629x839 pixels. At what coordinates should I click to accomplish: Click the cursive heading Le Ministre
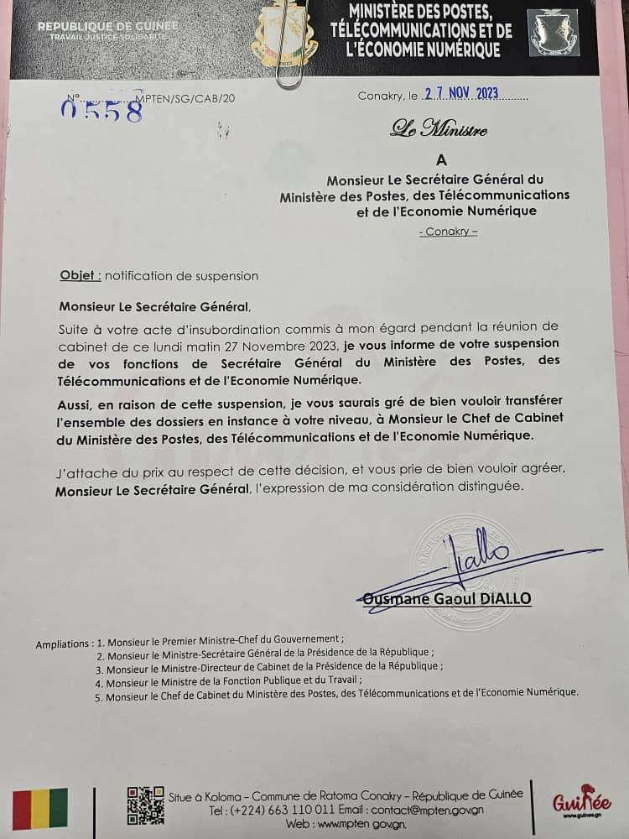point(438,129)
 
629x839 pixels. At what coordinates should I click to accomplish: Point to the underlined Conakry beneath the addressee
point(448,232)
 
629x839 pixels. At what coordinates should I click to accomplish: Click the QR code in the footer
point(145,805)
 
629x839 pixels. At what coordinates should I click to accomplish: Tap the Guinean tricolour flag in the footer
point(39,809)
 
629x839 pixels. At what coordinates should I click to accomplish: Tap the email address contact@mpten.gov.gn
point(422,810)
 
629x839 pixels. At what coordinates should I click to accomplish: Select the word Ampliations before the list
point(63,644)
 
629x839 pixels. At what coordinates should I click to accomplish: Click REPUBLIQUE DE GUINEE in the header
point(101,27)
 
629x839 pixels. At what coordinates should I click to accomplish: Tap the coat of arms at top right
point(554,33)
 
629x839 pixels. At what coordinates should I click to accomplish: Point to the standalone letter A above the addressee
point(442,159)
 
